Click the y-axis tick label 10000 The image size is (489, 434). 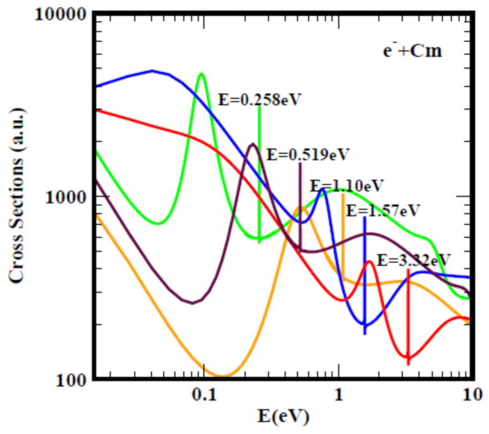pyautogui.click(x=59, y=14)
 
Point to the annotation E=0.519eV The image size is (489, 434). pyautogui.click(x=308, y=154)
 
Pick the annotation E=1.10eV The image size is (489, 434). pyautogui.click(x=347, y=185)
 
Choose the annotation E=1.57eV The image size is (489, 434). pyautogui.click(x=383, y=210)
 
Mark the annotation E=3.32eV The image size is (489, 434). pyautogui.click(x=414, y=259)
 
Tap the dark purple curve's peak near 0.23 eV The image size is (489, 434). pyautogui.click(x=253, y=144)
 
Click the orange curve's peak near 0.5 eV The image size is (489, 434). pyautogui.click(x=301, y=208)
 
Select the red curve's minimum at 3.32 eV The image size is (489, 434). pyautogui.click(x=408, y=357)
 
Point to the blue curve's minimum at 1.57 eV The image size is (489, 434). pyautogui.click(x=364, y=325)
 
